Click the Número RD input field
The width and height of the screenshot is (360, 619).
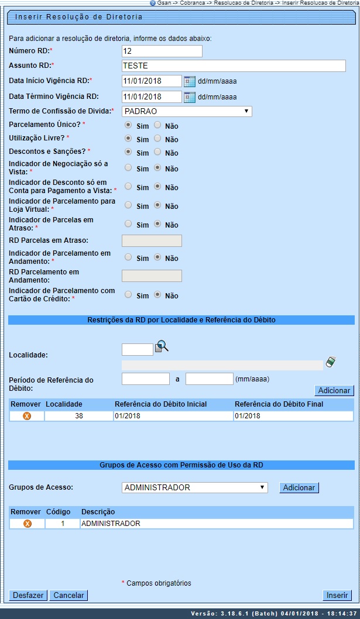(162, 51)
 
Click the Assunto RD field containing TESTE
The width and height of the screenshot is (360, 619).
(234, 66)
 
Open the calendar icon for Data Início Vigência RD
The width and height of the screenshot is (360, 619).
(190, 81)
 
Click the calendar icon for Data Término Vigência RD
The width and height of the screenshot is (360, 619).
(190, 97)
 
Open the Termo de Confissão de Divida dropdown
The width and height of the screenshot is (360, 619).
(187, 111)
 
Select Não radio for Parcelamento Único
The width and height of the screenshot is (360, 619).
(157, 125)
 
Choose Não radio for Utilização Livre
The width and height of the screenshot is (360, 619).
(157, 139)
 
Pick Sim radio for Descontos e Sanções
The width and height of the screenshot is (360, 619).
(128, 152)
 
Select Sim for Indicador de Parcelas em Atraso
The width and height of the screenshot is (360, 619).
(128, 224)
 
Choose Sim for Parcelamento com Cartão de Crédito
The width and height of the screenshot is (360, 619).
(128, 295)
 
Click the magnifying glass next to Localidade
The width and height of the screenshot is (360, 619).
(162, 348)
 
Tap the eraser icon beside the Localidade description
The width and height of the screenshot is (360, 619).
(331, 362)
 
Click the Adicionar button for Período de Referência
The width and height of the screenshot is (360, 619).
(334, 390)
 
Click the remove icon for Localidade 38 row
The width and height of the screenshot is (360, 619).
(26, 416)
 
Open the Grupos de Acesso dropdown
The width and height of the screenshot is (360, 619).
(195, 487)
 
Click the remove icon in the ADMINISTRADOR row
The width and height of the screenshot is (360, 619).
(27, 524)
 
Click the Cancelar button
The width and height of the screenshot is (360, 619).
(68, 595)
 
